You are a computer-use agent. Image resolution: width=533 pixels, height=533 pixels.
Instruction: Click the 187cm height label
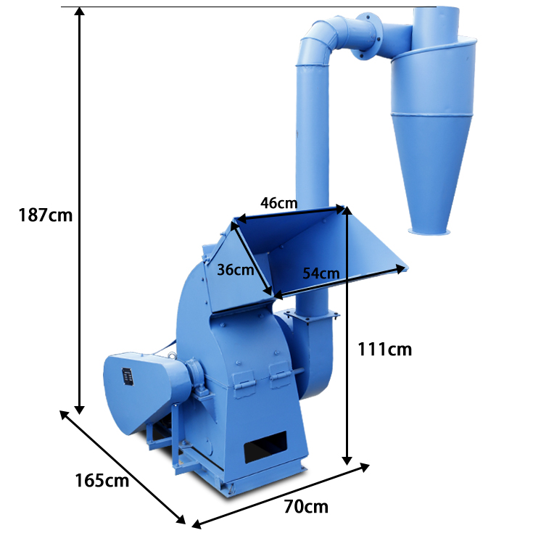46,215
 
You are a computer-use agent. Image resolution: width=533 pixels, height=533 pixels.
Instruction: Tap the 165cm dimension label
102,481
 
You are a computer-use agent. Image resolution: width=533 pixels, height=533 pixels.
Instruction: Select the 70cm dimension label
306,507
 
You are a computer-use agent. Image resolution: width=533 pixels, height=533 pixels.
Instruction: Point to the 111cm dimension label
385,349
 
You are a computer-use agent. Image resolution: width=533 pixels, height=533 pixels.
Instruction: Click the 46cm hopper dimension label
279,203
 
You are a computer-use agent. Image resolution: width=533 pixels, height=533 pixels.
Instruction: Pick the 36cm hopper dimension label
236,270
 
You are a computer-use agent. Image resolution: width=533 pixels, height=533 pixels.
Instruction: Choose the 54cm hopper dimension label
321,273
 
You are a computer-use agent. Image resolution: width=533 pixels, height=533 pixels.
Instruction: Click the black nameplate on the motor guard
128,377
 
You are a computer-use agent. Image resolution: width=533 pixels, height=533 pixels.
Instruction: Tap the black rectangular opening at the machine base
265,447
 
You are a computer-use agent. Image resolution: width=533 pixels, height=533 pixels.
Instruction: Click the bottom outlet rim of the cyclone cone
429,232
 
